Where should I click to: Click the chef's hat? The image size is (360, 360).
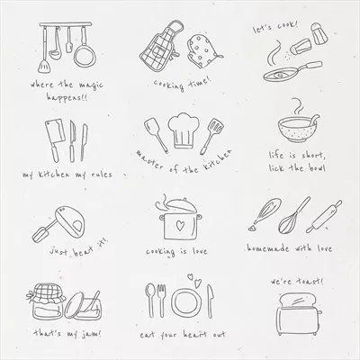click(184, 130)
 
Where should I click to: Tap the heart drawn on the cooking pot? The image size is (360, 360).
click(180, 226)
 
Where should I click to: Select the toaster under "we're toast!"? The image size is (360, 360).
click(298, 314)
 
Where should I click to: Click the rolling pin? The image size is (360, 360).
click(324, 217)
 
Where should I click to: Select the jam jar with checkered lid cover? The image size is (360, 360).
click(46, 301)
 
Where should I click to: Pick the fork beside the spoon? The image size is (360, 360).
click(161, 301)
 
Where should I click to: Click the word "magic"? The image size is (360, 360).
click(91, 85)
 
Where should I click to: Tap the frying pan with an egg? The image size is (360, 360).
click(292, 71)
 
